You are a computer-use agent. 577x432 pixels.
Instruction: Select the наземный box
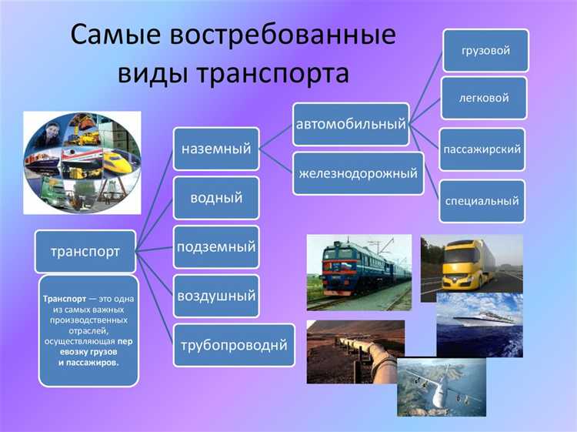(216, 149)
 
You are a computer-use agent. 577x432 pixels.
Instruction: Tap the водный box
(216, 198)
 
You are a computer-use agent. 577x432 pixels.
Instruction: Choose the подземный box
(216, 247)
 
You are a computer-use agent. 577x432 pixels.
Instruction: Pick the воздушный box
(216, 296)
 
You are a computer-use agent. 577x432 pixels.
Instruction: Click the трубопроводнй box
(234, 344)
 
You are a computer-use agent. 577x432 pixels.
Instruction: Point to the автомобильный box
(350, 123)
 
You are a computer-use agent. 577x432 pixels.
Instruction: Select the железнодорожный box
(359, 172)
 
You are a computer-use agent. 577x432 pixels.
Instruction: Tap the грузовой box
(485, 50)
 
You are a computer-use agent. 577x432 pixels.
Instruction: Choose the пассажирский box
(482, 149)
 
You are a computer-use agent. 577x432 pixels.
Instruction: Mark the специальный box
(482, 201)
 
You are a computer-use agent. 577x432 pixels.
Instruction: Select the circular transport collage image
(82, 162)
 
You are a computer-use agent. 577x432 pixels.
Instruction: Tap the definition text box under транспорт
(88, 330)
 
